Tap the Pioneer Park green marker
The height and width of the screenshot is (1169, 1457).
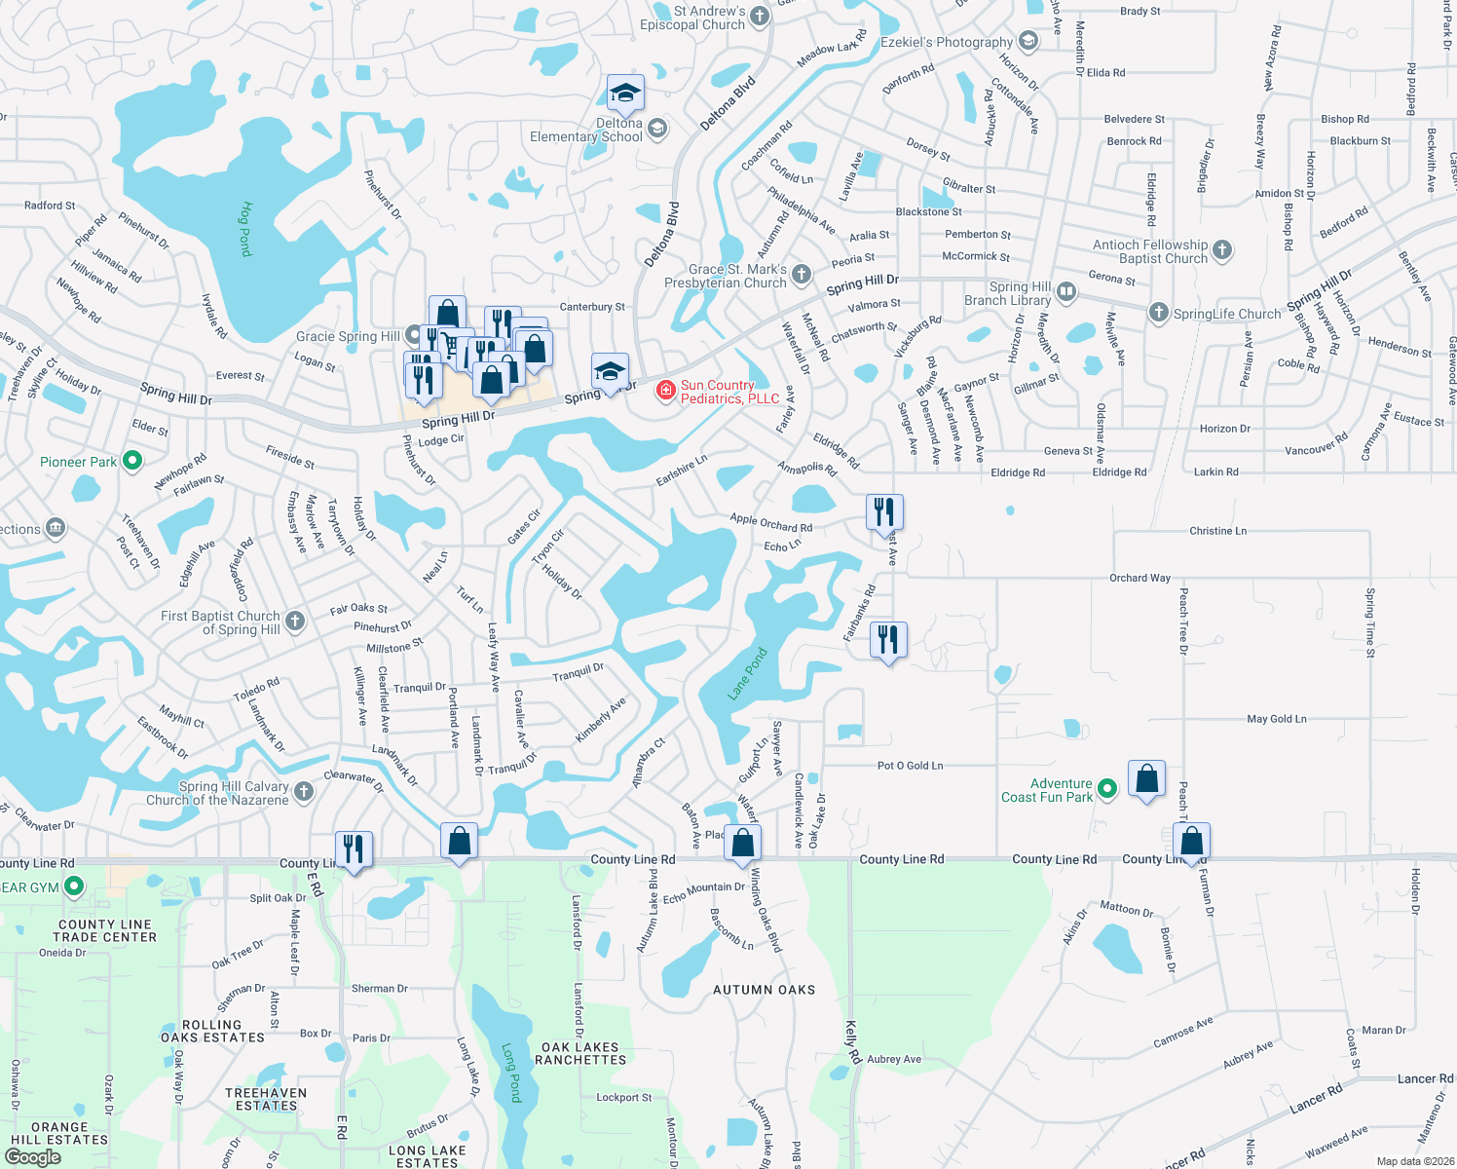point(133,461)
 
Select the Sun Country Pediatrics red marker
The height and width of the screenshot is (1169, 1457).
point(666,391)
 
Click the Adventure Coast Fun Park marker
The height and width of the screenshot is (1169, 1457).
point(1106,788)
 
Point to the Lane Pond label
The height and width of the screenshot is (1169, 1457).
point(748,674)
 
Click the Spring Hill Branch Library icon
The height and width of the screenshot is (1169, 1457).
point(1066,291)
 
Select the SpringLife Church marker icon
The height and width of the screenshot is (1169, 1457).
point(1158,313)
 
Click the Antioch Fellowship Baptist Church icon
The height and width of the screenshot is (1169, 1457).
point(1222,250)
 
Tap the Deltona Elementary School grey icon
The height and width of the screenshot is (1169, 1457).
point(657,129)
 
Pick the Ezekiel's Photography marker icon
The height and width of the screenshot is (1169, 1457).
point(1027,41)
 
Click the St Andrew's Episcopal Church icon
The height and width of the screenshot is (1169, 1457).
point(760,16)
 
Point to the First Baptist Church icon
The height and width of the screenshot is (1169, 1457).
point(295,621)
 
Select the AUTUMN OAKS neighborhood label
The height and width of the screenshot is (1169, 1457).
point(764,990)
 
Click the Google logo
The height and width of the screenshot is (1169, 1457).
point(32,1157)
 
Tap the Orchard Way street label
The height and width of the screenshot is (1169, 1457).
point(1139,578)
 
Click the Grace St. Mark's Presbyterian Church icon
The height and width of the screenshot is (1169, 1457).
point(801,275)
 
